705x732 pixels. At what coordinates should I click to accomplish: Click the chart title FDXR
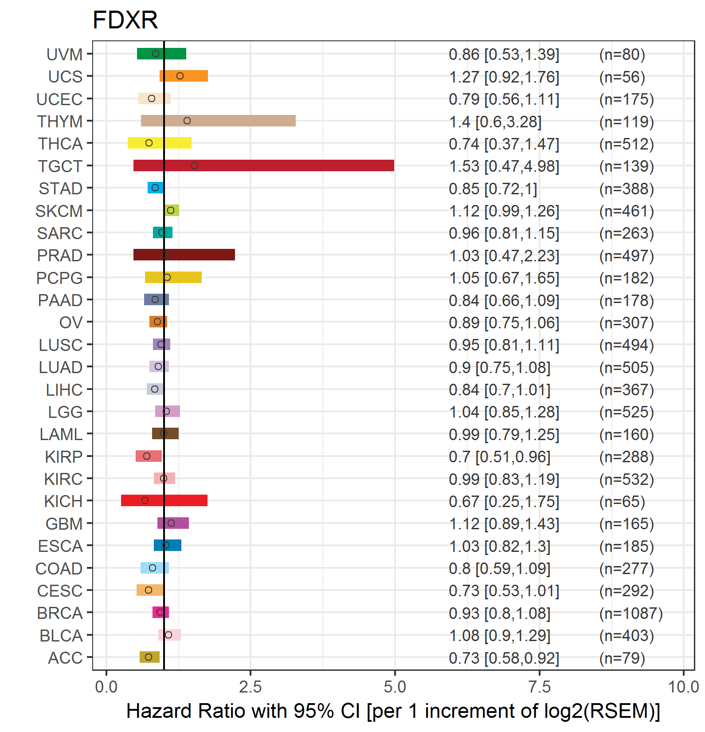(x=125, y=20)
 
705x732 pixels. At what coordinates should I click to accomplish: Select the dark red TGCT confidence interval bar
(x=263, y=165)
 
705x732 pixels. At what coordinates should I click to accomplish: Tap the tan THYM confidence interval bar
(x=218, y=121)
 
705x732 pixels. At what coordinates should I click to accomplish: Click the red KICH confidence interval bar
(x=164, y=500)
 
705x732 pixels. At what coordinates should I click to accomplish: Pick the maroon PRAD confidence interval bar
(x=184, y=255)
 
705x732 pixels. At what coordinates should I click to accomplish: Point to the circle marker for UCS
(x=180, y=76)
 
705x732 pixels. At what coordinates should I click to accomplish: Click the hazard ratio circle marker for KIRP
(x=147, y=456)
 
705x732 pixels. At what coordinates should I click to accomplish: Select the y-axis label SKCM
(x=59, y=211)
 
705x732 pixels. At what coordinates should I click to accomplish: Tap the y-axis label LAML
(x=61, y=434)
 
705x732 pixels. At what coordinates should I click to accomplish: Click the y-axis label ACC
(x=65, y=658)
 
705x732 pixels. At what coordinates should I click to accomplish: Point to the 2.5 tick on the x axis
(x=251, y=687)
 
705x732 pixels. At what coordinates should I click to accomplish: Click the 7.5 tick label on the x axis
(x=540, y=687)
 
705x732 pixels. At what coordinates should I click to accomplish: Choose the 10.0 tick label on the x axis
(x=683, y=687)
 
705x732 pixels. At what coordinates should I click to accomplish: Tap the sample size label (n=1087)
(x=631, y=614)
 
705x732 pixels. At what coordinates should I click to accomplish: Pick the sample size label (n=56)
(x=622, y=77)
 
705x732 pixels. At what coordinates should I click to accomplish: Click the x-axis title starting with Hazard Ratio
(x=393, y=711)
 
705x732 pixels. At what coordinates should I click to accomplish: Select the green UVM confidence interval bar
(x=161, y=54)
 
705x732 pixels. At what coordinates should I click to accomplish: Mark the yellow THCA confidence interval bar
(x=160, y=143)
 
